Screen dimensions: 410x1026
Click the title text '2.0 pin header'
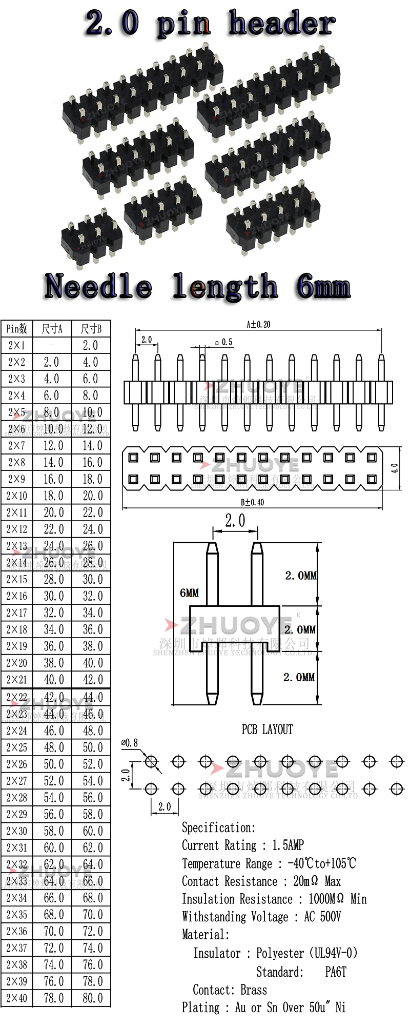click(x=210, y=24)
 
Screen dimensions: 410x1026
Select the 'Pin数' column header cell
click(x=17, y=329)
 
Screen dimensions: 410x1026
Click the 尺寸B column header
click(x=92, y=329)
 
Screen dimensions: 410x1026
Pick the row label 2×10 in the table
click(x=17, y=496)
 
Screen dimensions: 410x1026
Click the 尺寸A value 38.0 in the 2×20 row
click(x=53, y=663)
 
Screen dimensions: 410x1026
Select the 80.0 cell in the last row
click(x=92, y=998)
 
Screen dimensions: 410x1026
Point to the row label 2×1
click(x=17, y=346)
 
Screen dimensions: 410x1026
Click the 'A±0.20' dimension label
click(x=258, y=324)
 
